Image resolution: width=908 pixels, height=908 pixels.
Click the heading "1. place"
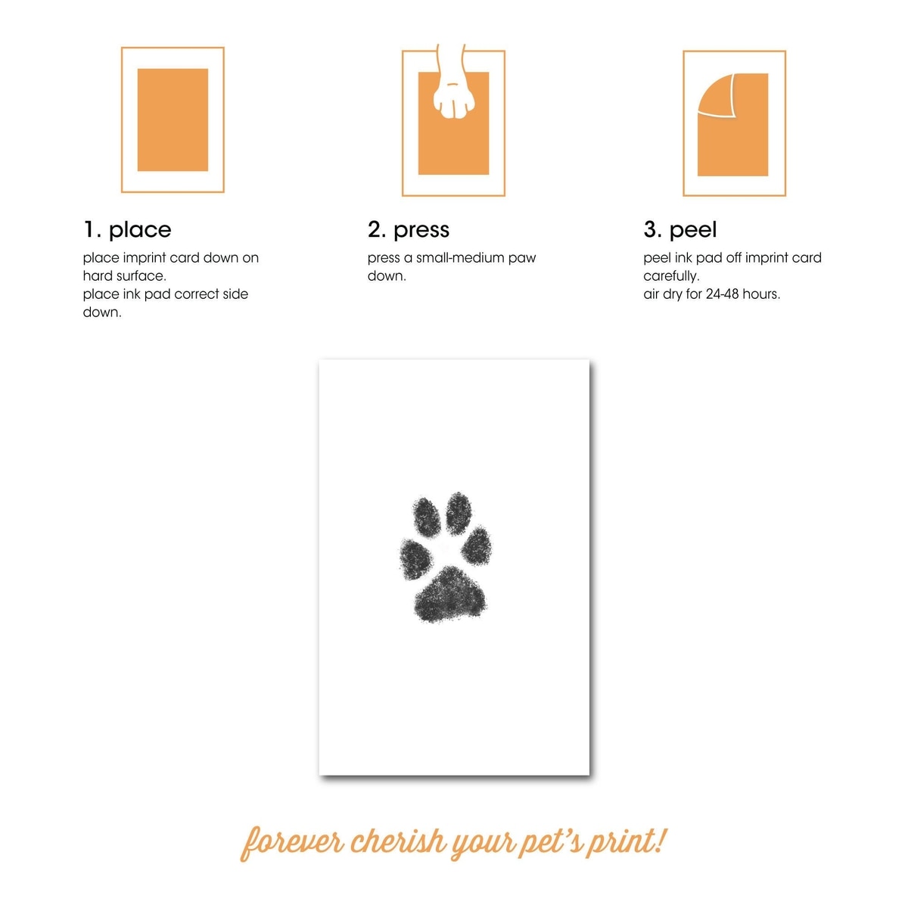127,229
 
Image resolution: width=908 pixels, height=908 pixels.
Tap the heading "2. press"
408,230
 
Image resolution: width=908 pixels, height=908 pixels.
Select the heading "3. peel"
680,230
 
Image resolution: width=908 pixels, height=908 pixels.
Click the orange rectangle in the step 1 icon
173,120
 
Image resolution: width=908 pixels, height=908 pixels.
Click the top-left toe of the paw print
427,517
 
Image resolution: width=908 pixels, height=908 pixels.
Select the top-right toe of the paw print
459,513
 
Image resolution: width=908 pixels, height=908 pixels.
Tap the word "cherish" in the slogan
399,841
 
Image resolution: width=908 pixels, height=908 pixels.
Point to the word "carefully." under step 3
671,276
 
